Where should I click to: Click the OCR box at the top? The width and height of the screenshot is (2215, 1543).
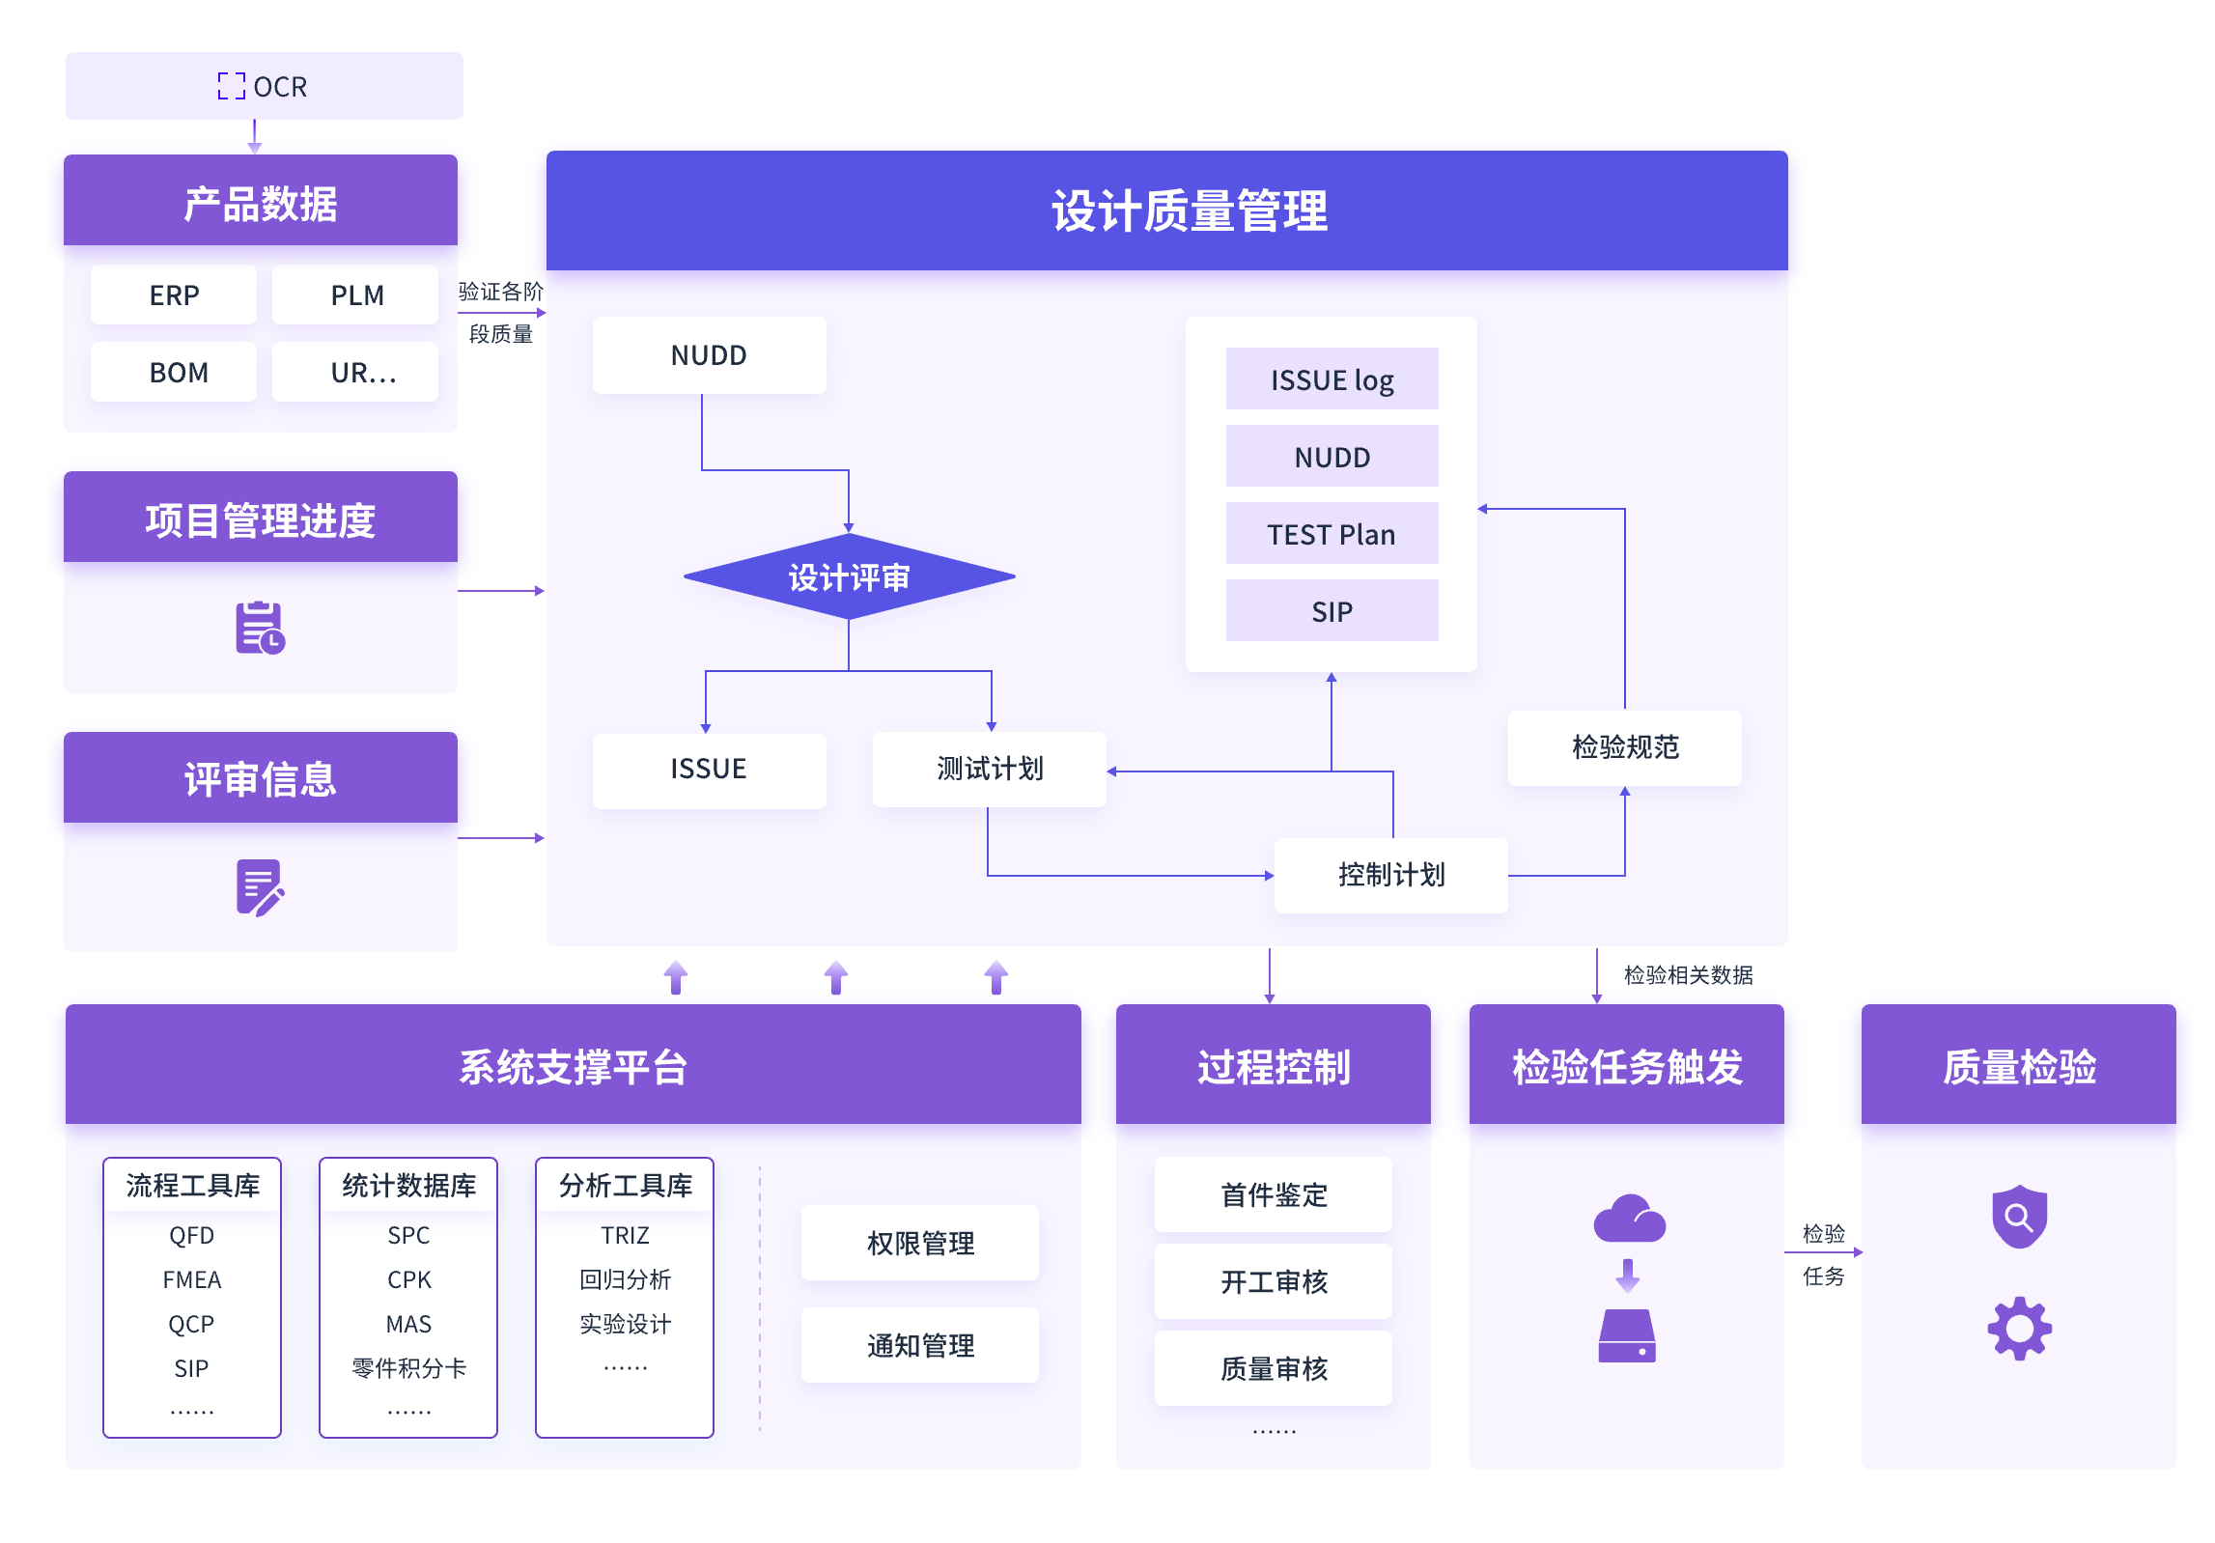(x=264, y=86)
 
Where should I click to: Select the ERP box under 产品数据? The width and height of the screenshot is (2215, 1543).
(x=174, y=295)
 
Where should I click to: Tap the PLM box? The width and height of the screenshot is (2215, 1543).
(x=356, y=295)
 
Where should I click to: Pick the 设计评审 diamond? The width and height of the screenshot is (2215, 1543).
(x=849, y=576)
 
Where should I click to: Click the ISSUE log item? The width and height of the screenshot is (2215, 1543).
(x=1332, y=379)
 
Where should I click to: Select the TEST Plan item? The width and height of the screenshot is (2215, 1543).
(x=1332, y=534)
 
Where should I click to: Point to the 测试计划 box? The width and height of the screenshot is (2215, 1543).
(x=989, y=769)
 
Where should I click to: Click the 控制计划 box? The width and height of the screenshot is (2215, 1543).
(x=1390, y=875)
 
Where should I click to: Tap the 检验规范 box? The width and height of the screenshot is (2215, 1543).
(x=1625, y=747)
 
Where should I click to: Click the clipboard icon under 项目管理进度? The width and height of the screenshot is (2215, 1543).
(x=260, y=628)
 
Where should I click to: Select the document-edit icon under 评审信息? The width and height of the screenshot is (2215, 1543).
(x=260, y=886)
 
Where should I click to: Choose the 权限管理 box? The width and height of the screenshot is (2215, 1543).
(x=920, y=1243)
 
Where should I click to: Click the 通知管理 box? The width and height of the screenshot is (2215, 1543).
(x=920, y=1345)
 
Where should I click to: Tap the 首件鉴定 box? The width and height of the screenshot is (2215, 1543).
(x=1274, y=1194)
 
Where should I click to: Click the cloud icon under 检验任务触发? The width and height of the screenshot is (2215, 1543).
(x=1629, y=1219)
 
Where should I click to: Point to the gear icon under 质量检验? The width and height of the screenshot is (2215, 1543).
(x=2019, y=1329)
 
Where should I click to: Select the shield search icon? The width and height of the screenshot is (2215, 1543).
(x=2019, y=1216)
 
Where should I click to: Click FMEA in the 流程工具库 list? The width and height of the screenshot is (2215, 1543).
(x=192, y=1279)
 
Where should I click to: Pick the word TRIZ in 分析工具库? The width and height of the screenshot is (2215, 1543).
(x=625, y=1235)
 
